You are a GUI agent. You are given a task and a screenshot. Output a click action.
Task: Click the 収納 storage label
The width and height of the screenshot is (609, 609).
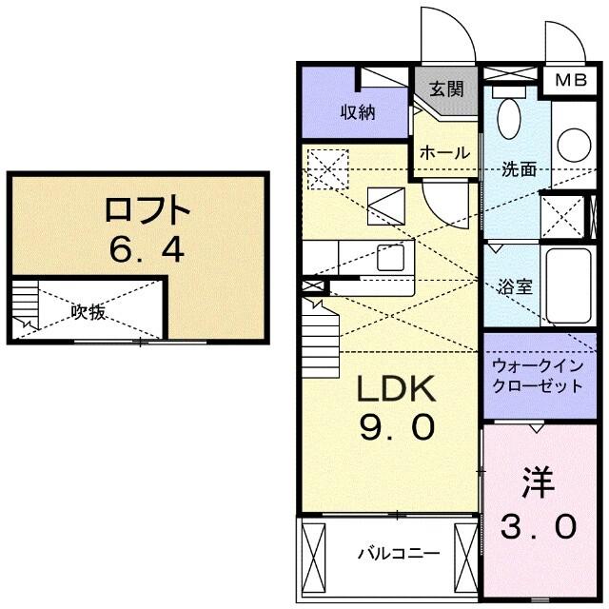(359, 111)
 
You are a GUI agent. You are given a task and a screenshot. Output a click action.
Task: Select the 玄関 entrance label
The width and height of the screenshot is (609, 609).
(445, 90)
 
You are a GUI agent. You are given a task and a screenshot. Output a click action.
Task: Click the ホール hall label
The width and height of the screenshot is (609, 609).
(443, 152)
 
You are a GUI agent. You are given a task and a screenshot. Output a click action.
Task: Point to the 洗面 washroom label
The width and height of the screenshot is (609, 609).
(519, 169)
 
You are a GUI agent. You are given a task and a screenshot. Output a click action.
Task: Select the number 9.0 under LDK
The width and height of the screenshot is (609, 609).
(396, 427)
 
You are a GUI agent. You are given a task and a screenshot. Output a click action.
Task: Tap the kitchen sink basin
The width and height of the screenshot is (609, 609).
(390, 257)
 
